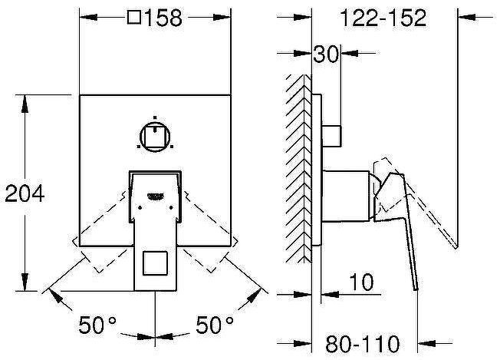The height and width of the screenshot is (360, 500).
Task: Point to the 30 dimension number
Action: (x=326, y=54)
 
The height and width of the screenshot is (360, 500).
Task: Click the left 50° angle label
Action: (x=97, y=326)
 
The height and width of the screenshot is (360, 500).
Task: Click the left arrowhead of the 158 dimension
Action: (x=85, y=18)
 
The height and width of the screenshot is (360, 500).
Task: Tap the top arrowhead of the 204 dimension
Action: (x=27, y=99)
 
